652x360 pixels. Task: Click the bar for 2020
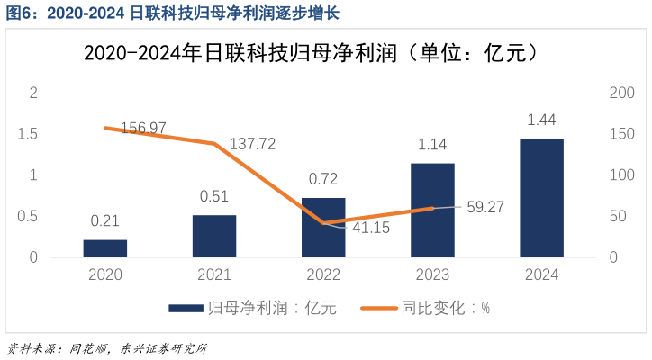coord(105,248)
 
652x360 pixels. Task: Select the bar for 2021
coord(214,236)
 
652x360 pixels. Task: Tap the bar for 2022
coord(323,228)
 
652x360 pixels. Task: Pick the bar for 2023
coord(432,210)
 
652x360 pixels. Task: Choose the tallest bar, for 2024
coord(541,198)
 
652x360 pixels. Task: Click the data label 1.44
coord(541,121)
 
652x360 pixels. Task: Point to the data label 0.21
coord(105,221)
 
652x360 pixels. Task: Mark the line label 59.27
coord(485,207)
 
